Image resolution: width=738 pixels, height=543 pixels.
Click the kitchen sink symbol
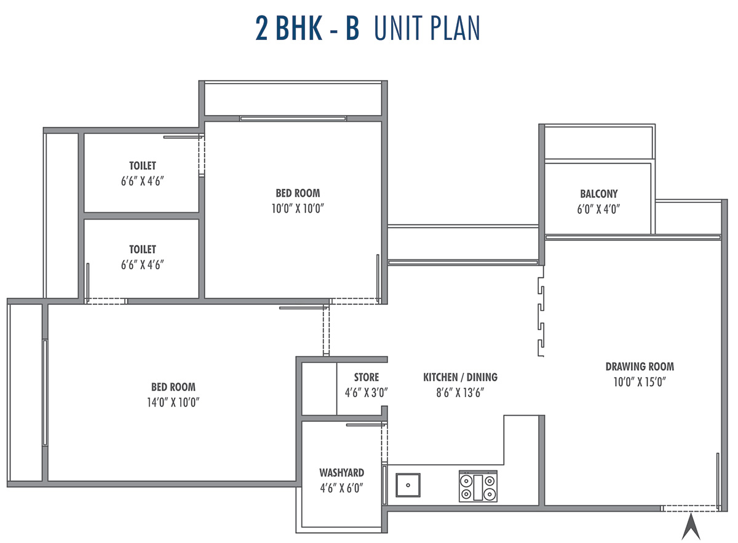pyautogui.click(x=408, y=485)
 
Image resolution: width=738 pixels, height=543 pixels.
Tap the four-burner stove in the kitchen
pyautogui.click(x=478, y=486)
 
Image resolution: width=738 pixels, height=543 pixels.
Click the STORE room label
pyautogui.click(x=367, y=377)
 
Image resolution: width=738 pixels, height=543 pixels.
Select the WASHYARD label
pyautogui.click(x=342, y=473)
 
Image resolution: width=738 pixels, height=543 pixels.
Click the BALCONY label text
pyautogui.click(x=599, y=194)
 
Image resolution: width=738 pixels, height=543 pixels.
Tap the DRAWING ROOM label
pyautogui.click(x=640, y=367)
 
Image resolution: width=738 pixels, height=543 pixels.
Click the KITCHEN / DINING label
pyautogui.click(x=460, y=377)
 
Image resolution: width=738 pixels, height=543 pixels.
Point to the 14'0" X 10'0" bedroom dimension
pyautogui.click(x=173, y=402)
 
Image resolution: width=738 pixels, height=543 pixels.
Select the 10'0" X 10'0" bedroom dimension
pyautogui.click(x=298, y=208)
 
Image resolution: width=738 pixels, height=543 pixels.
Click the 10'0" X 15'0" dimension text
pyautogui.click(x=640, y=382)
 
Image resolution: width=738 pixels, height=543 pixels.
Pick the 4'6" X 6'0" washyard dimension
pyautogui.click(x=342, y=488)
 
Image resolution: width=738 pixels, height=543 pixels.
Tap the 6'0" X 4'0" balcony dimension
pyautogui.click(x=598, y=209)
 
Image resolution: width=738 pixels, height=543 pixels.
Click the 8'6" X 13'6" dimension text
pyautogui.click(x=460, y=393)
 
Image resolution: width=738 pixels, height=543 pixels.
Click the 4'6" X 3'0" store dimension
pyautogui.click(x=367, y=393)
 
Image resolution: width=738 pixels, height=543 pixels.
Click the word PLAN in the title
pyautogui.click(x=455, y=28)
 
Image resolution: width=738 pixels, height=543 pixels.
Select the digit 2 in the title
pyautogui.click(x=261, y=28)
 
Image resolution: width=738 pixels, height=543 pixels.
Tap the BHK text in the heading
pyautogui.click(x=299, y=28)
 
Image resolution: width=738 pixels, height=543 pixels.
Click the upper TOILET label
pyautogui.click(x=143, y=166)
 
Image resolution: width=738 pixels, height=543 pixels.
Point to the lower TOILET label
pyautogui.click(x=143, y=250)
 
